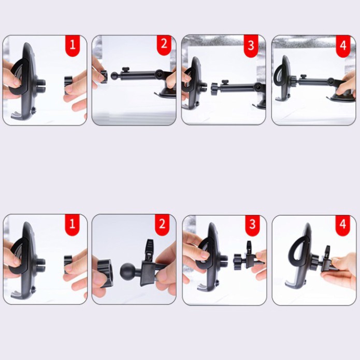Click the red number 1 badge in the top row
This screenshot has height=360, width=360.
coord(73,46)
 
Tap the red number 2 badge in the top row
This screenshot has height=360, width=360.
coord(164,45)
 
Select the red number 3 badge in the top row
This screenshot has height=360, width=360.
coord(251,46)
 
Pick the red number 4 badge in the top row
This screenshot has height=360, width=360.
coord(343,46)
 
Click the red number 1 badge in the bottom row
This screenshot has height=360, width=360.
coord(73,224)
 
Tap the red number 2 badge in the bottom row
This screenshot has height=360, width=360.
coord(162,224)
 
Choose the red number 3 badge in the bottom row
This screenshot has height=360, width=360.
coord(252,225)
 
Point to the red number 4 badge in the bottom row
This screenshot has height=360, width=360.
coord(342,225)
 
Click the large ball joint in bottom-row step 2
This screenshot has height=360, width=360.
coord(128,271)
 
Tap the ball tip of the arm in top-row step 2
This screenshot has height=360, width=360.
coord(114,76)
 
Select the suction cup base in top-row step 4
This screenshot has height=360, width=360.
coord(341,97)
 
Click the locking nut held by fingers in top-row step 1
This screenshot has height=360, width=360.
coord(68,84)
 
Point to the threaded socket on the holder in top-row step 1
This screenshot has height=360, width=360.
coord(41,85)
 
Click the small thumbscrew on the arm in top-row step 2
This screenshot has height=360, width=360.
coord(125,70)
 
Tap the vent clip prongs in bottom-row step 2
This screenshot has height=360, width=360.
coord(150,249)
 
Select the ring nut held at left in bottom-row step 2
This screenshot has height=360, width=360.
coord(103,272)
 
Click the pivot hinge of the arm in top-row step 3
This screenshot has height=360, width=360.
coord(258,88)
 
